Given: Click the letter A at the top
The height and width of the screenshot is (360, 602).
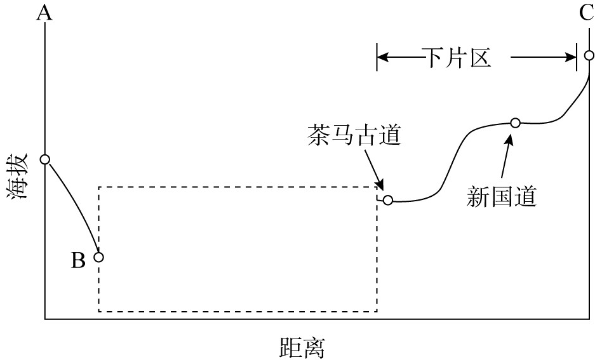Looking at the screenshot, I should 44,13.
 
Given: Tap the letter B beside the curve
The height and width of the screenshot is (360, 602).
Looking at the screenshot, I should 77,260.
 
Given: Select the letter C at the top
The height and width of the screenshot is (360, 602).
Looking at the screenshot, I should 587,13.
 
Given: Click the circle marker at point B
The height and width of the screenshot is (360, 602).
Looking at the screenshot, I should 98,257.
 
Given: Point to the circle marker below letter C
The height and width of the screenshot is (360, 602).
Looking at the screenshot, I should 589,55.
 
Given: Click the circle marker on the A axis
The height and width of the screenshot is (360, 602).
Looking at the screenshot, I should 45,159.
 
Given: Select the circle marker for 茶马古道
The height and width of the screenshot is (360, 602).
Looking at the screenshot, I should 388,201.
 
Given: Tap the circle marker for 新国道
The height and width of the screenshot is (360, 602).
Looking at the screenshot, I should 515,123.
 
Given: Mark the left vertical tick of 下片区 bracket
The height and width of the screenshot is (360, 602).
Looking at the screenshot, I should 377,57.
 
